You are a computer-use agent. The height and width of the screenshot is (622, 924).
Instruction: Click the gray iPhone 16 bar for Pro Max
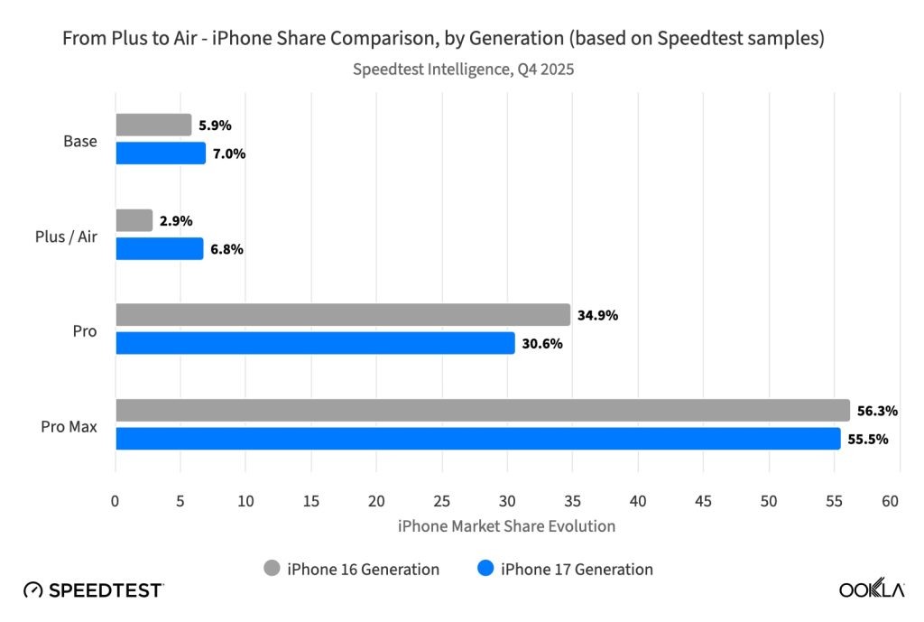[x=483, y=411]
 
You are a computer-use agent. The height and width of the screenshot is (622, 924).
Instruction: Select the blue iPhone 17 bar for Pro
[x=315, y=343]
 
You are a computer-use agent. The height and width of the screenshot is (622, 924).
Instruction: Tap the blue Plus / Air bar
[x=160, y=248]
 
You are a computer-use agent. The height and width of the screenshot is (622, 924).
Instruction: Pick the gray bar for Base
[x=153, y=125]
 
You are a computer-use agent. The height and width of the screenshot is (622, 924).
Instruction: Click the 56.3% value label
[x=877, y=411]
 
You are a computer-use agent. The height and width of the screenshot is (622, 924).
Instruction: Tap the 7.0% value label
[x=229, y=153]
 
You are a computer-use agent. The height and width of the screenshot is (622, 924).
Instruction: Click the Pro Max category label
[x=70, y=425]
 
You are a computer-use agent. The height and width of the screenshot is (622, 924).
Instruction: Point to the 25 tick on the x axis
[x=442, y=501]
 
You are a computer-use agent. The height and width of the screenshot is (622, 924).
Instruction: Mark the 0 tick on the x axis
[x=115, y=501]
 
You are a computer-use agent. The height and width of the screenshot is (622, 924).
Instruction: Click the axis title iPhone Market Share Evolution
[x=506, y=525]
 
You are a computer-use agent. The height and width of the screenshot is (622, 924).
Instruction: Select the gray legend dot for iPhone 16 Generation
[x=273, y=569]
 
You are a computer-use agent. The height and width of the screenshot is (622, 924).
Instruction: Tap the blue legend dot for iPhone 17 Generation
[x=485, y=569]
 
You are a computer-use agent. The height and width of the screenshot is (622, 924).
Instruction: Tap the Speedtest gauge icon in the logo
[x=33, y=590]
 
